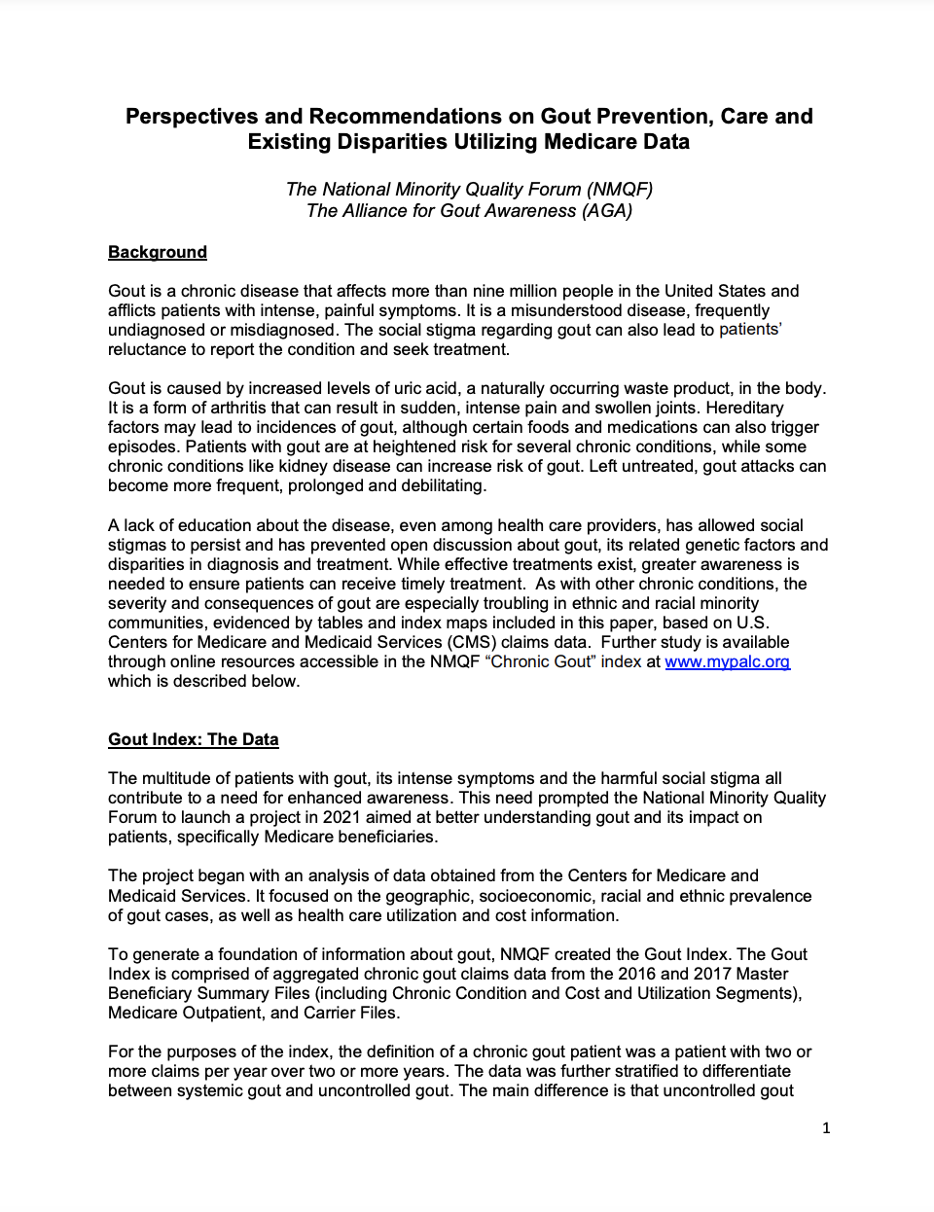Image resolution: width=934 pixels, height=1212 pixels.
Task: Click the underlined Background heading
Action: pos(158,252)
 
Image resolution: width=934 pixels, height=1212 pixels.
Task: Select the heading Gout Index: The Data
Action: pos(193,739)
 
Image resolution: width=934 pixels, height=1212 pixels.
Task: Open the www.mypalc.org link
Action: pos(727,661)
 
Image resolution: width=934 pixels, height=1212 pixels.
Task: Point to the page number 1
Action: pos(826,1128)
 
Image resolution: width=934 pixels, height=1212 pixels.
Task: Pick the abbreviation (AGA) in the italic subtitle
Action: pos(607,211)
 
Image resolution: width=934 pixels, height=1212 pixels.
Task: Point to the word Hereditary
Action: pos(744,408)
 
